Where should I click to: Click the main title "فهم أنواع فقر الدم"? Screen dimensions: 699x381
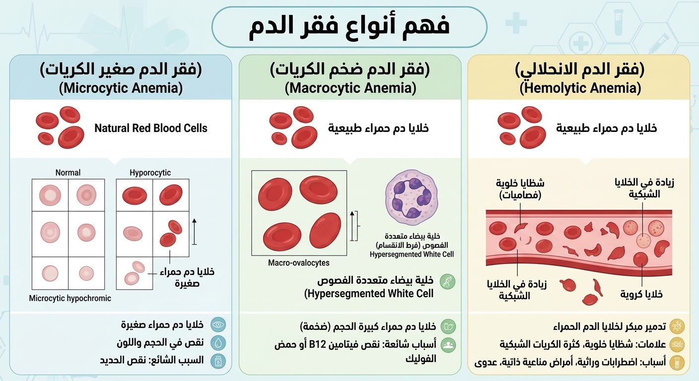click(x=349, y=26)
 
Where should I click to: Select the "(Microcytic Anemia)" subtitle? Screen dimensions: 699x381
click(x=121, y=88)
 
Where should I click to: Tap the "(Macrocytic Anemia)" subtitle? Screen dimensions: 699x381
click(x=350, y=88)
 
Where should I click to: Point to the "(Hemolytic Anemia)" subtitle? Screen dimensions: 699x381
click(x=580, y=88)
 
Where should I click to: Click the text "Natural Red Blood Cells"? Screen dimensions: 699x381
click(x=151, y=128)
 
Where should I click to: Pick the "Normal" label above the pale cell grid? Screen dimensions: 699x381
click(x=68, y=173)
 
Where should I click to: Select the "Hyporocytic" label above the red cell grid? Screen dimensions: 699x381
click(x=150, y=173)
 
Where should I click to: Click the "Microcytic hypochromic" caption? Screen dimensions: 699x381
click(x=70, y=298)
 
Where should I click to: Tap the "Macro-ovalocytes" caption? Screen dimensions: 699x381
click(x=299, y=263)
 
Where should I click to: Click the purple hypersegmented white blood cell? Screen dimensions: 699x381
click(x=411, y=197)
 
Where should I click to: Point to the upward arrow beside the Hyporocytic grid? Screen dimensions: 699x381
click(x=195, y=232)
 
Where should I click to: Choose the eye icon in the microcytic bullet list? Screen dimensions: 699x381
click(x=218, y=324)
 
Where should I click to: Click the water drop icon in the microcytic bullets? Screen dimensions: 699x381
click(x=218, y=343)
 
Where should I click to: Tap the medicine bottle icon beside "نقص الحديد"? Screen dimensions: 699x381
click(x=218, y=361)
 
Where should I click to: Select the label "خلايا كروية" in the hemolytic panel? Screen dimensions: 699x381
click(x=641, y=294)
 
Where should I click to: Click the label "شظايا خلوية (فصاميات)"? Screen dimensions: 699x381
click(x=520, y=189)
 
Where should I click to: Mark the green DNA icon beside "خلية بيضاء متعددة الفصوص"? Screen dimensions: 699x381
click(x=447, y=282)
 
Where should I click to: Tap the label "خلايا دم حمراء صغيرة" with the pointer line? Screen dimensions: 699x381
click(x=187, y=277)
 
